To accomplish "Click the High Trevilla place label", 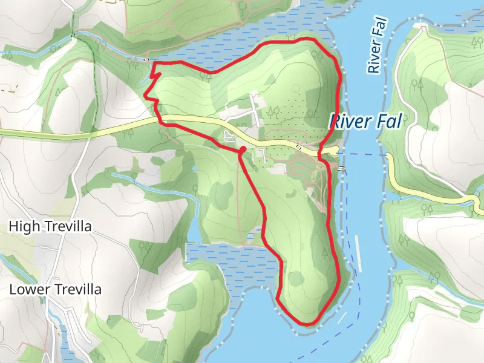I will (x=50, y=227).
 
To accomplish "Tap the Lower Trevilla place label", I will (x=55, y=290).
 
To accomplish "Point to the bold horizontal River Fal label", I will (x=365, y=122).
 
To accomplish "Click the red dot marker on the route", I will (x=242, y=149).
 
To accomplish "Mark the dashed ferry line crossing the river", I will (x=363, y=154).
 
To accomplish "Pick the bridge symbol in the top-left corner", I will (x=73, y=34).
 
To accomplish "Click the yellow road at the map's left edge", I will (x=5, y=132).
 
